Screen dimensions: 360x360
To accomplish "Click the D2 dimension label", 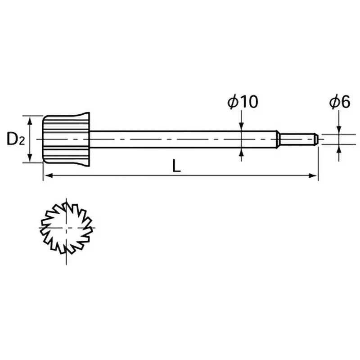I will (15, 139).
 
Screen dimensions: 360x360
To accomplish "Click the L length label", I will (177, 166).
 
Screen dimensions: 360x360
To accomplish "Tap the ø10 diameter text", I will (243, 102).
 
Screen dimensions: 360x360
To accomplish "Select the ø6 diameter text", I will (339, 102).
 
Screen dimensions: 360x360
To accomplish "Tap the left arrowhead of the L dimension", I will (47, 175).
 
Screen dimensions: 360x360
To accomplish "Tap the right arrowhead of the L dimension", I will (314, 175).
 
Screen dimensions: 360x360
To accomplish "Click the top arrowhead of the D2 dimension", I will (30, 120).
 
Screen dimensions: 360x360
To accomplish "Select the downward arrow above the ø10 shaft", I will (242, 126).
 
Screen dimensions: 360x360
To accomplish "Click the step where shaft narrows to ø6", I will (278, 139).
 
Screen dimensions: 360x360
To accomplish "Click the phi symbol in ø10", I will (233, 102).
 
